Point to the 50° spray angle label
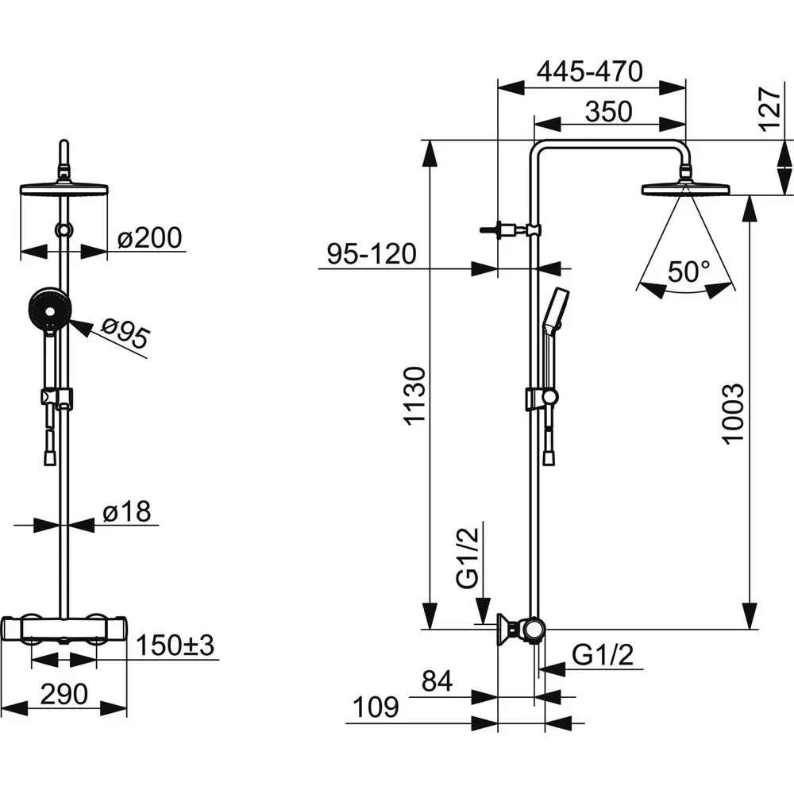(x=688, y=272)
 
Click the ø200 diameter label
(x=149, y=237)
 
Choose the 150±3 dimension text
(x=175, y=645)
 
